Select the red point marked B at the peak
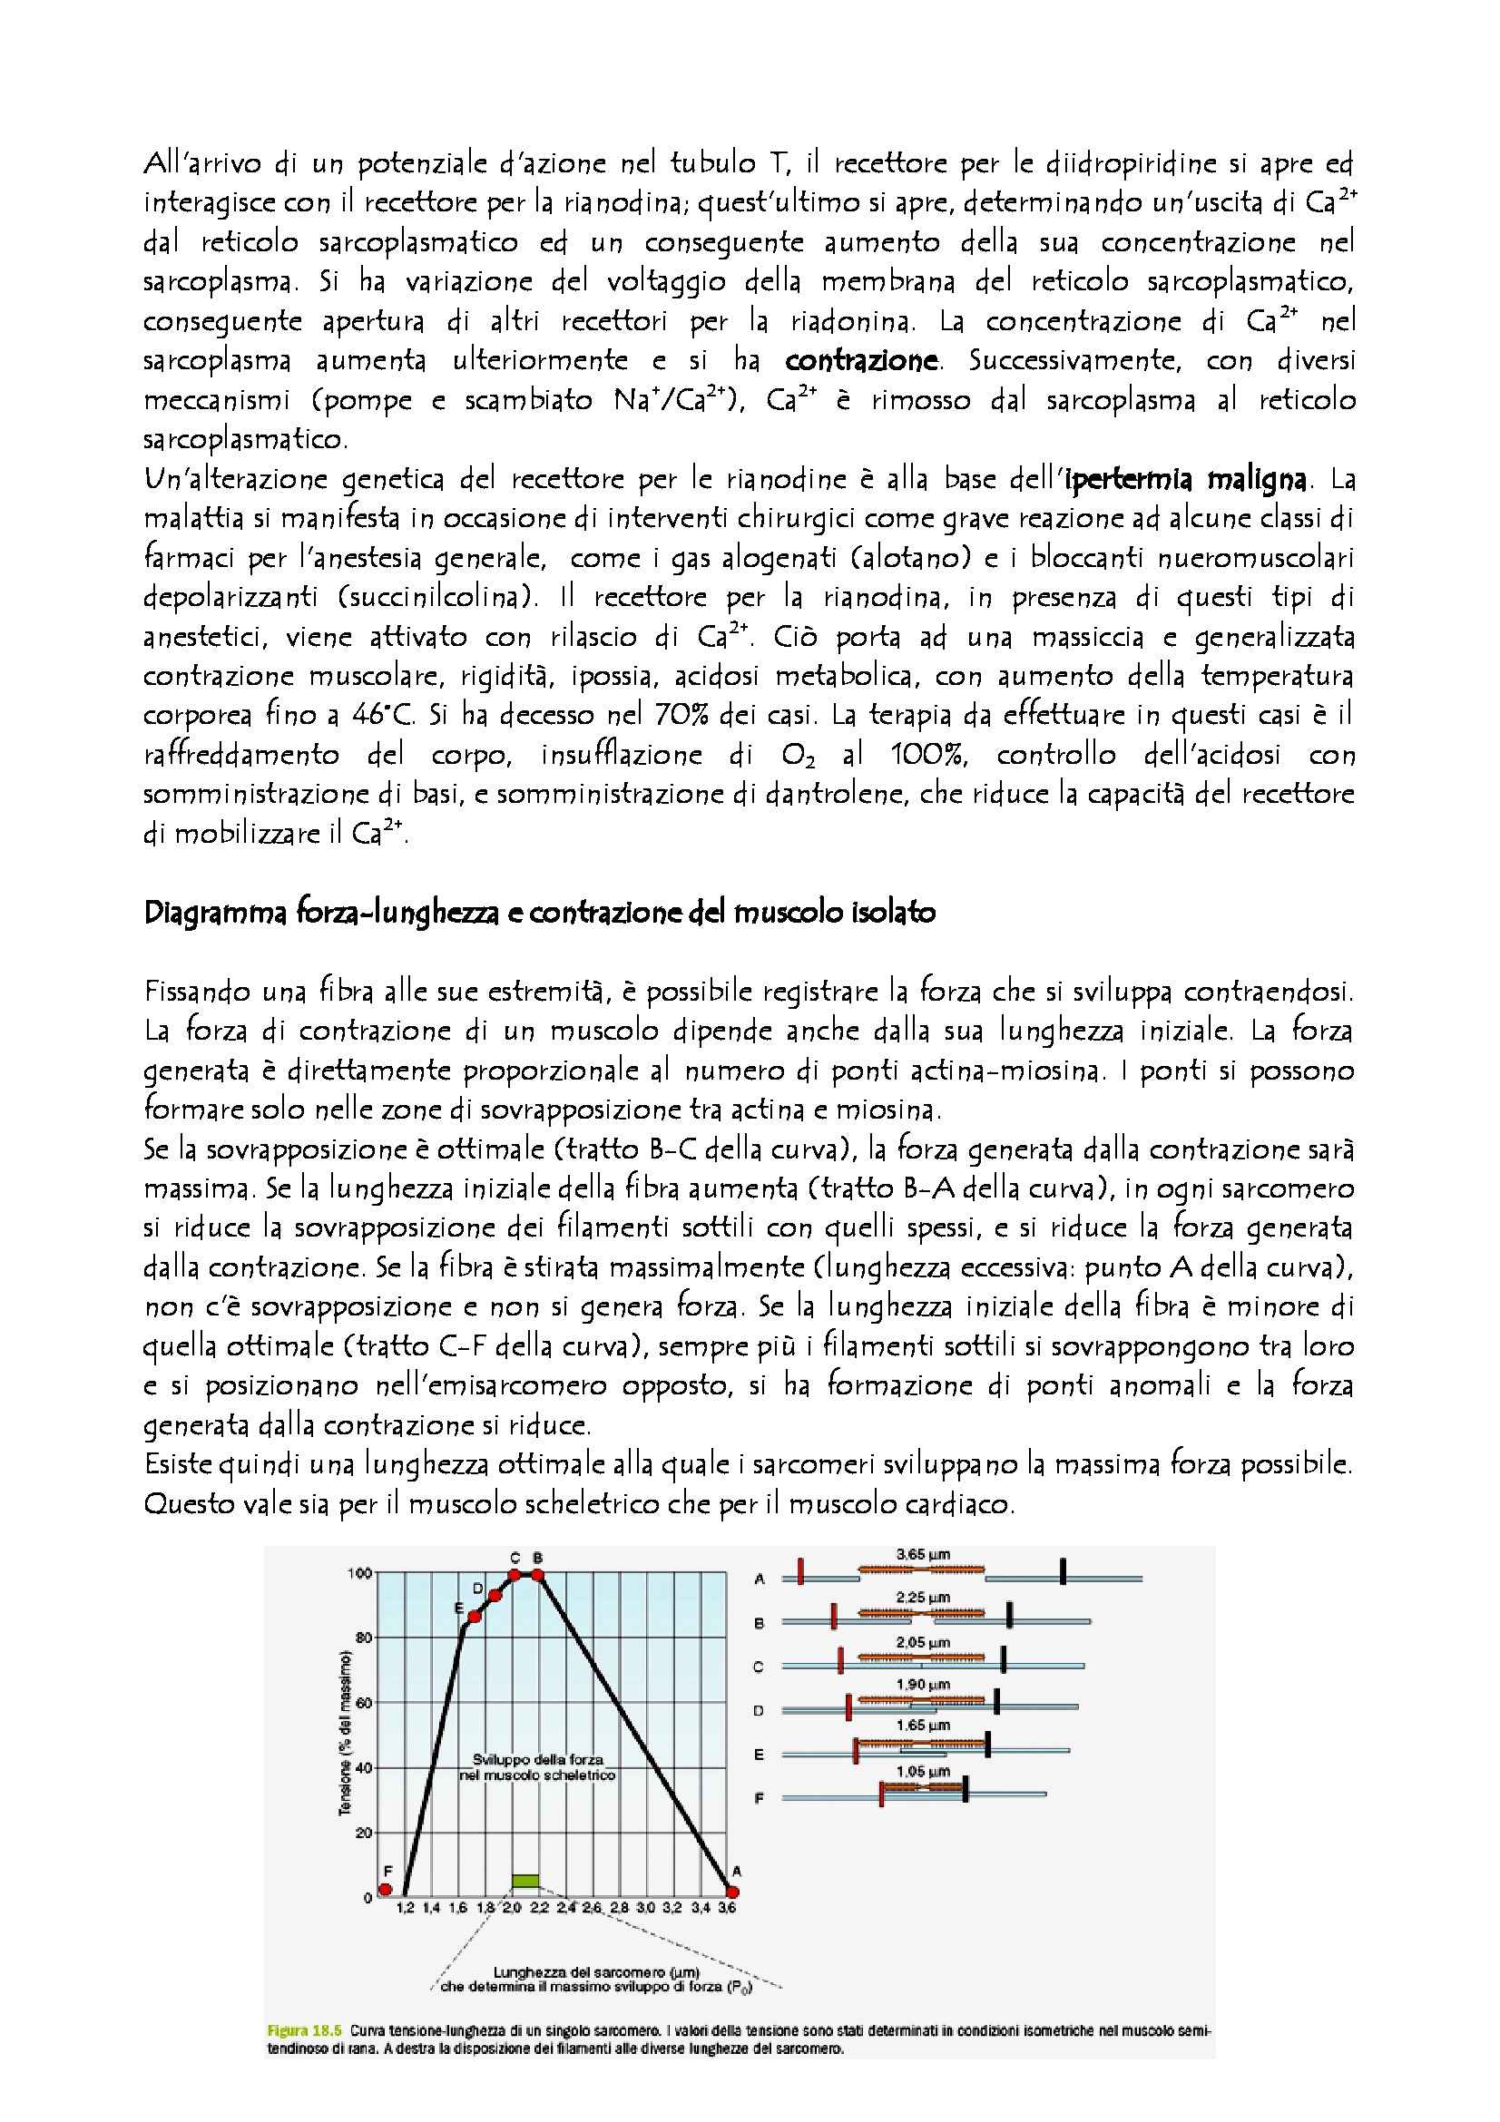tap(537, 1574)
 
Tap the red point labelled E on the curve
tap(474, 1617)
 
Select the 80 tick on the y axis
tap(365, 1638)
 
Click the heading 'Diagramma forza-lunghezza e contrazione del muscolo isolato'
tap(540, 914)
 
